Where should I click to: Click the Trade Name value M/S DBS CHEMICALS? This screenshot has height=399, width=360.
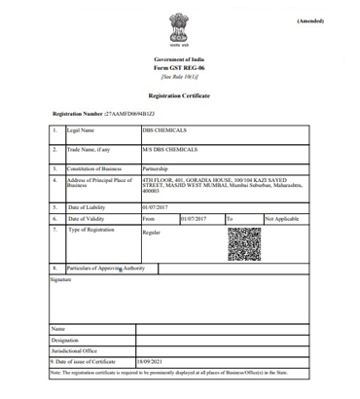pos(169,150)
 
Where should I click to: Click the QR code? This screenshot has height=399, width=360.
pos(244,243)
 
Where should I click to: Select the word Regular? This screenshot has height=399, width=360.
pos(152,233)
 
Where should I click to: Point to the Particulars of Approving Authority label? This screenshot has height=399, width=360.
pos(106,267)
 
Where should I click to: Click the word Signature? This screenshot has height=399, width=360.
pos(61,278)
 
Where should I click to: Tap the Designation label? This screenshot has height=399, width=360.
pos(65,340)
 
